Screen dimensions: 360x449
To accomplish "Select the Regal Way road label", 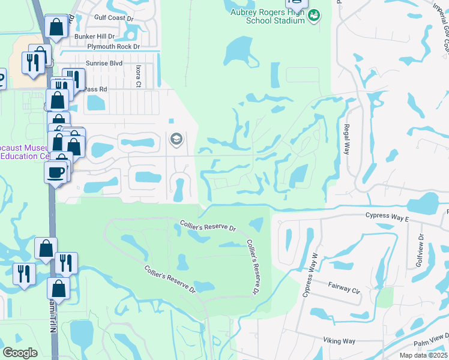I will tap(346, 140).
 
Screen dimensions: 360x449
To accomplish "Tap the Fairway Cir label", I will tap(343, 289).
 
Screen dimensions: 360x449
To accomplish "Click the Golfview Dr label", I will tap(420, 251).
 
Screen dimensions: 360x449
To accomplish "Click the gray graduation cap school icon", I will tap(176, 140).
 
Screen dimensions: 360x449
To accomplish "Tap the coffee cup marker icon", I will tap(56, 172).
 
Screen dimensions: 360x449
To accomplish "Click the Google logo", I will tap(20, 353).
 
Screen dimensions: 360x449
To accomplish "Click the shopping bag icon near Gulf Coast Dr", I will tap(56, 27).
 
